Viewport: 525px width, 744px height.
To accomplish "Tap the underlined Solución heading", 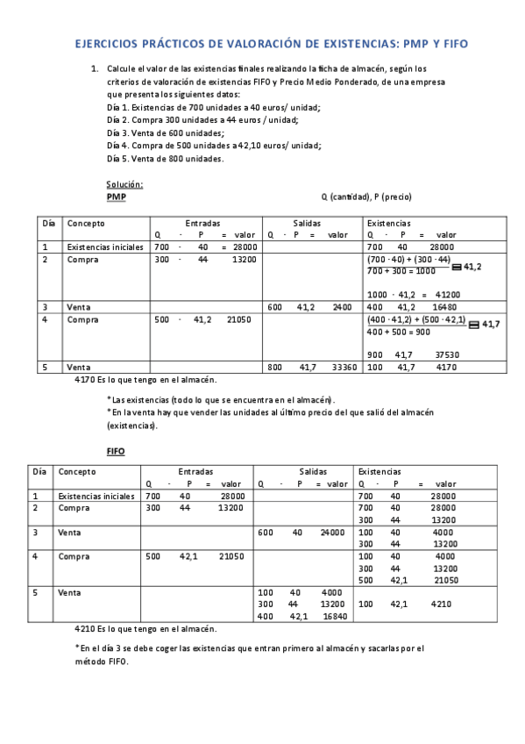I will pos(124,184).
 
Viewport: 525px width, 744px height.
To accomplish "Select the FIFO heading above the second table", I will pos(116,451).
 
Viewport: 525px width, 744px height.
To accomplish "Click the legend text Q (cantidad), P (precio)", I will pos(366,197).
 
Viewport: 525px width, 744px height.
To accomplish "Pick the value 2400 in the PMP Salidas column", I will pos(343,307).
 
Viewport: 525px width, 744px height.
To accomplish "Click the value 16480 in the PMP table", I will pos(446,307).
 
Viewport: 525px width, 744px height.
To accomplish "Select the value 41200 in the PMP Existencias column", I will pos(447,295).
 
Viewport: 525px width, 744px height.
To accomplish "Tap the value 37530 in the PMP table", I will pos(447,354).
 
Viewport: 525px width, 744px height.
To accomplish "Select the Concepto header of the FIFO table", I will pos(78,471).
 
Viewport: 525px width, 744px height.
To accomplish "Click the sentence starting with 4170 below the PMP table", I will pos(145,380).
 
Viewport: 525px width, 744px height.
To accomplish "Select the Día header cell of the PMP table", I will pos(48,223).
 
